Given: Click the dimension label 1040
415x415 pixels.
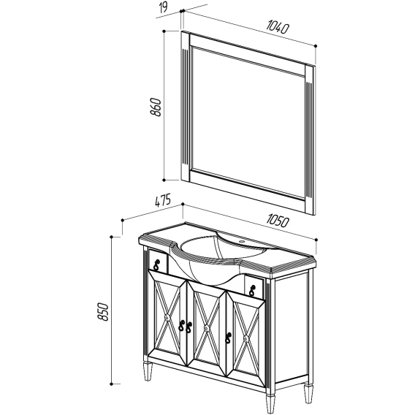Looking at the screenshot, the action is click(x=278, y=28).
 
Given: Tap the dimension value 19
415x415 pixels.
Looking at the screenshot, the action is click(x=164, y=7).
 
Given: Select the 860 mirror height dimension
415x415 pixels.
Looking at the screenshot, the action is click(x=156, y=107).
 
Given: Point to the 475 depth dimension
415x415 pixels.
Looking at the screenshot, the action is click(x=162, y=201).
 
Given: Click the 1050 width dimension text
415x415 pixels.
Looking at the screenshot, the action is click(x=277, y=221).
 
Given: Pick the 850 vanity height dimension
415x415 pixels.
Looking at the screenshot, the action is click(x=103, y=312).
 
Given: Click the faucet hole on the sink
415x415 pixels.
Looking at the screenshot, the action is click(x=242, y=241).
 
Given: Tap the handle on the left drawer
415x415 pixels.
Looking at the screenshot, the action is click(x=156, y=265).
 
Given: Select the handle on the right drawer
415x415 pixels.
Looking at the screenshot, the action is click(x=252, y=290).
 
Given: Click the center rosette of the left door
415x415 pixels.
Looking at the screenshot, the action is click(x=167, y=317).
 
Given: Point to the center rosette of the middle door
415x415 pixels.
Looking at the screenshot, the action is click(x=207, y=328).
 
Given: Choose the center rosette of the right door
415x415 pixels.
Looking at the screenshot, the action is click(x=246, y=338).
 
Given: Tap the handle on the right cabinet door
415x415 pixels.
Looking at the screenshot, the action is click(x=228, y=338).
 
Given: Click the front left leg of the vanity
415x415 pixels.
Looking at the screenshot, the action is click(x=148, y=371).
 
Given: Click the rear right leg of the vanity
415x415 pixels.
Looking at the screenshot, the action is click(x=308, y=394).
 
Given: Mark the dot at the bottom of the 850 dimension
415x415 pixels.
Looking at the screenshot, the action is click(x=112, y=384).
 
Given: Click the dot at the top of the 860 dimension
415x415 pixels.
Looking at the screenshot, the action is click(x=164, y=31).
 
